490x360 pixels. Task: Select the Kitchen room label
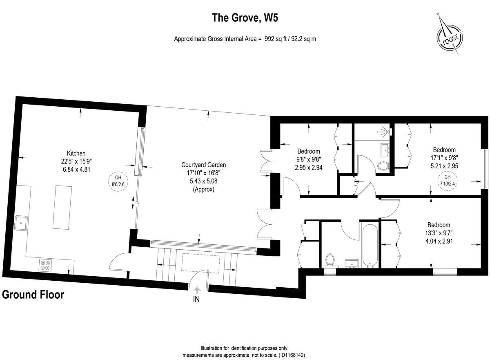pyautogui.click(x=76, y=154)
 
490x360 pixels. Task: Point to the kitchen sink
pyautogui.click(x=21, y=223)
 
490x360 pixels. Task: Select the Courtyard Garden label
pyautogui.click(x=203, y=165)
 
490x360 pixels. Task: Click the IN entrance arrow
pyautogui.click(x=197, y=291)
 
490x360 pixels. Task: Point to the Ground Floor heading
pyautogui.click(x=33, y=295)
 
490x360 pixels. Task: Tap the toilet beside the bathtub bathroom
pyautogui.click(x=330, y=259)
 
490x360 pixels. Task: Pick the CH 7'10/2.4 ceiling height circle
pyautogui.click(x=448, y=180)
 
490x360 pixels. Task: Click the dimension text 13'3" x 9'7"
pyautogui.click(x=439, y=233)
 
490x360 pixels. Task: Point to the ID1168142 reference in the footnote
pyautogui.click(x=292, y=355)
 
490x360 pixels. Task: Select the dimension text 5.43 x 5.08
pyautogui.click(x=203, y=181)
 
